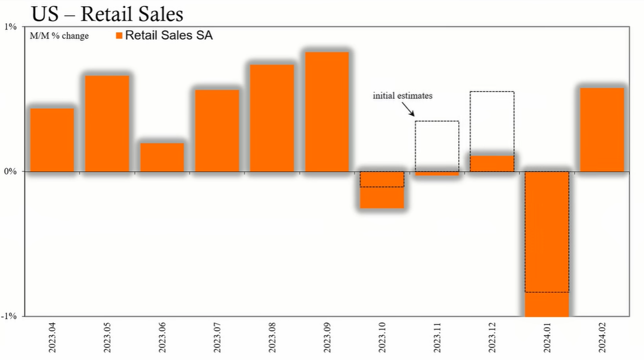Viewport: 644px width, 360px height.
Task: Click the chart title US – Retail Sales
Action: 107,14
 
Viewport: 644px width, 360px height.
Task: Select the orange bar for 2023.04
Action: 52,140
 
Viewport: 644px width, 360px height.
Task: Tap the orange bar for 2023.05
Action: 107,123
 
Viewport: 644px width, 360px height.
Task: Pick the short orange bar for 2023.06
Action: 162,157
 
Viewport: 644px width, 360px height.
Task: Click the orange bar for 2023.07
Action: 217,131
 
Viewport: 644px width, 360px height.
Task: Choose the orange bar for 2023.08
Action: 272,118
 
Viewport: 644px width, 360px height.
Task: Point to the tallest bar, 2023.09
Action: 327,112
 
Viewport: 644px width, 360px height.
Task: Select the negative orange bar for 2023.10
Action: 382,190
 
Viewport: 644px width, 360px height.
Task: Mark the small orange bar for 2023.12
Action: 492,164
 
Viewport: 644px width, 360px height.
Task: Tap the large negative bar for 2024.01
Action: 547,244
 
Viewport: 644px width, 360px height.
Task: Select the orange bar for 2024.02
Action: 602,130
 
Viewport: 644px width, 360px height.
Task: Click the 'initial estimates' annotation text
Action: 403,96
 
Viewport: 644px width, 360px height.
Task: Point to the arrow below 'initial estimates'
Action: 408,109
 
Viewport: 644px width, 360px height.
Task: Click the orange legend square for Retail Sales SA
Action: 119,36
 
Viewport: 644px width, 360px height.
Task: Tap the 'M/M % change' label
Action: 59,36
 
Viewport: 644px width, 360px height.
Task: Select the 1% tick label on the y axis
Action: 10,27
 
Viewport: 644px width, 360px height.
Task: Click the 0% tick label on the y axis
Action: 10,171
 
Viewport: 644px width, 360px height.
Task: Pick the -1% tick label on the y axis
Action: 8,316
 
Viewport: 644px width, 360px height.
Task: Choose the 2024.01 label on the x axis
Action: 547,337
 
